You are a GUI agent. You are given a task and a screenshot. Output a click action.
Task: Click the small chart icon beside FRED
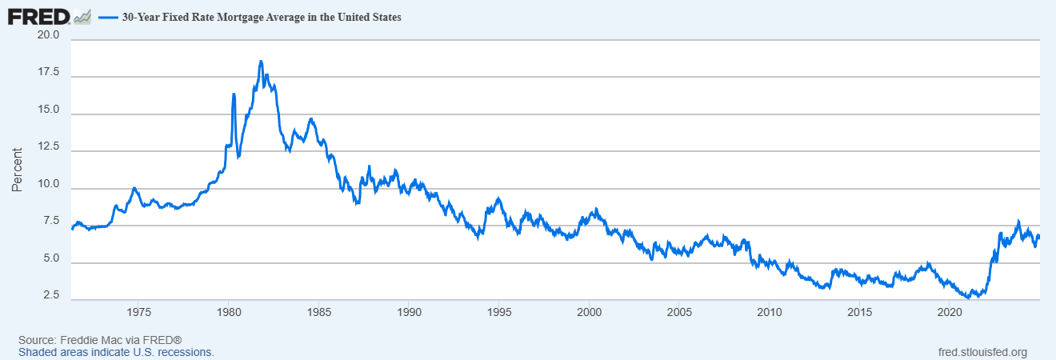click(x=82, y=16)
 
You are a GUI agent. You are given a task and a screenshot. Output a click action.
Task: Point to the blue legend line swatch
click(x=108, y=16)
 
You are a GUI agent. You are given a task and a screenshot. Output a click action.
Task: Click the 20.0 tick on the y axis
click(x=48, y=36)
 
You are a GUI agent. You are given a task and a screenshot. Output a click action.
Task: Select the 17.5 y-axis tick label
click(x=48, y=73)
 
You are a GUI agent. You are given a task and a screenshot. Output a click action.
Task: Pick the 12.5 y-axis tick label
click(x=48, y=147)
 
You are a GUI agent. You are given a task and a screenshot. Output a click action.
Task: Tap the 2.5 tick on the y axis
click(x=50, y=296)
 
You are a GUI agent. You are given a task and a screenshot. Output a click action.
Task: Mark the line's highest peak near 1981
click(x=261, y=61)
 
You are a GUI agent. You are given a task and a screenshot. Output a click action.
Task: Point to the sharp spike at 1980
click(x=234, y=94)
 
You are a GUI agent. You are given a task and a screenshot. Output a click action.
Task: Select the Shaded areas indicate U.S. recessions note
click(x=116, y=352)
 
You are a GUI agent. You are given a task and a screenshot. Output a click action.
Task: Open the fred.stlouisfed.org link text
click(x=982, y=352)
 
